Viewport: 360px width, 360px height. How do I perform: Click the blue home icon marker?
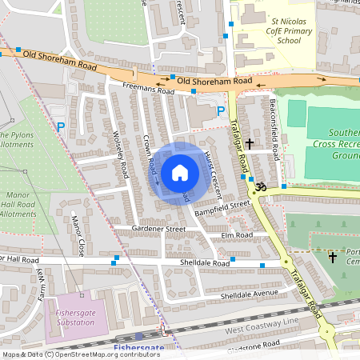coord(179,172)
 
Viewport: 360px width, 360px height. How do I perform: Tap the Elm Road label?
coord(238,235)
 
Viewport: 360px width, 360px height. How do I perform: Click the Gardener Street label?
coord(159,229)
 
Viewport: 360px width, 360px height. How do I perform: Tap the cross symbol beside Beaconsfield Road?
coord(250,144)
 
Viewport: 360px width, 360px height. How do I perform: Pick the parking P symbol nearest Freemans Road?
coord(222,111)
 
